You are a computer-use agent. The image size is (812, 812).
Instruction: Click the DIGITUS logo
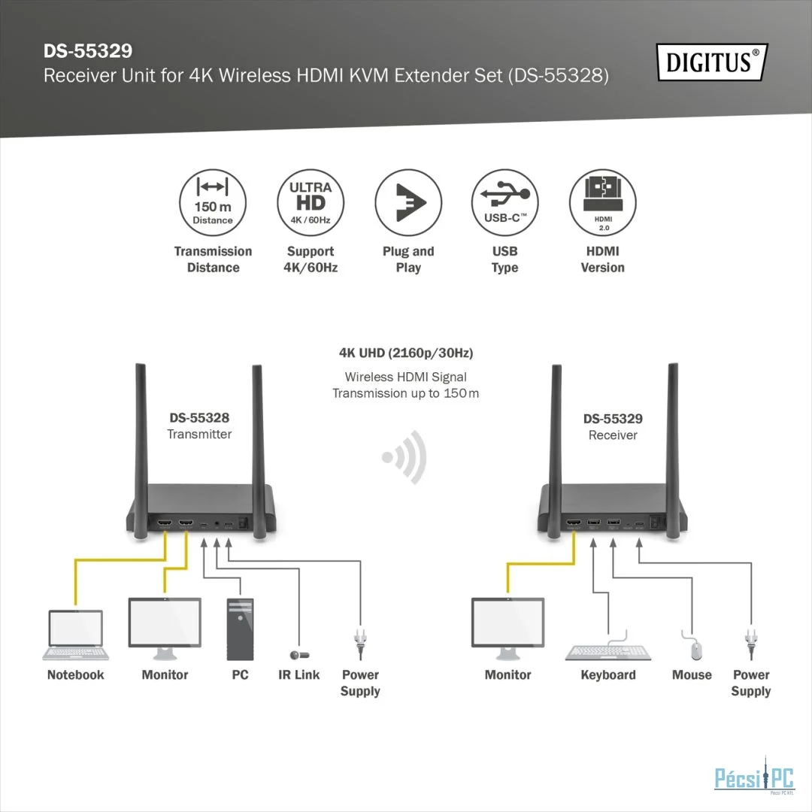pyautogui.click(x=711, y=62)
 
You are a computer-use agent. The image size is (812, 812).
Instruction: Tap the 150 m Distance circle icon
pyautogui.click(x=213, y=202)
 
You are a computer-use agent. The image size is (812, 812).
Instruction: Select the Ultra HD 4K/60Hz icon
pyautogui.click(x=311, y=202)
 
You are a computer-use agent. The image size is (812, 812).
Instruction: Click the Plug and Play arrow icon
pyautogui.click(x=408, y=202)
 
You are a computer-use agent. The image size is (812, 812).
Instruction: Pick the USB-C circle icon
pyautogui.click(x=505, y=202)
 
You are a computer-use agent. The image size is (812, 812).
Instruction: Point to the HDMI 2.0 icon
pyautogui.click(x=603, y=202)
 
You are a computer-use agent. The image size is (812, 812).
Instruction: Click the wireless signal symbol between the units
pyautogui.click(x=405, y=457)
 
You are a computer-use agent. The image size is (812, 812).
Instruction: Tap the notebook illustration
pyautogui.click(x=76, y=635)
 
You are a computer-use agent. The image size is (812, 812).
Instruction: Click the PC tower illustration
pyautogui.click(x=241, y=629)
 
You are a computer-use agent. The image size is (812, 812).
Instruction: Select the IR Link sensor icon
pyautogui.click(x=299, y=655)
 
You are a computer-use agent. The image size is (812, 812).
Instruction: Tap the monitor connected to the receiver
pyautogui.click(x=507, y=629)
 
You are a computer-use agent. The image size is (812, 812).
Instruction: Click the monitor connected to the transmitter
pyautogui.click(x=165, y=629)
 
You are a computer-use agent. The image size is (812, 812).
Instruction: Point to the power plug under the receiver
pyautogui.click(x=751, y=644)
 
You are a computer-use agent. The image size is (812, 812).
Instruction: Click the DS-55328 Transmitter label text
pyautogui.click(x=199, y=426)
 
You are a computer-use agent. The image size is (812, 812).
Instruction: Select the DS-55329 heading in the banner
pyautogui.click(x=88, y=51)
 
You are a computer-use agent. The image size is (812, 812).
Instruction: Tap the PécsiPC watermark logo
pyautogui.click(x=754, y=776)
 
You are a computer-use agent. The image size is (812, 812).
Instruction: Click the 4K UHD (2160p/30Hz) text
pyautogui.click(x=406, y=353)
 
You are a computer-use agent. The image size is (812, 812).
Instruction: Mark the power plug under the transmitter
pyautogui.click(x=360, y=644)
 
